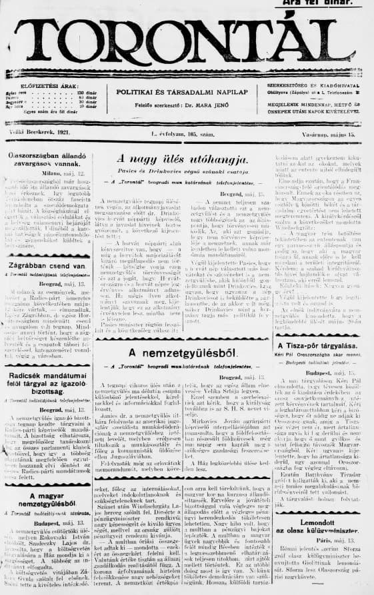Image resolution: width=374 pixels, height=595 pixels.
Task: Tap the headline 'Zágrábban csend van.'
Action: (46, 266)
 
